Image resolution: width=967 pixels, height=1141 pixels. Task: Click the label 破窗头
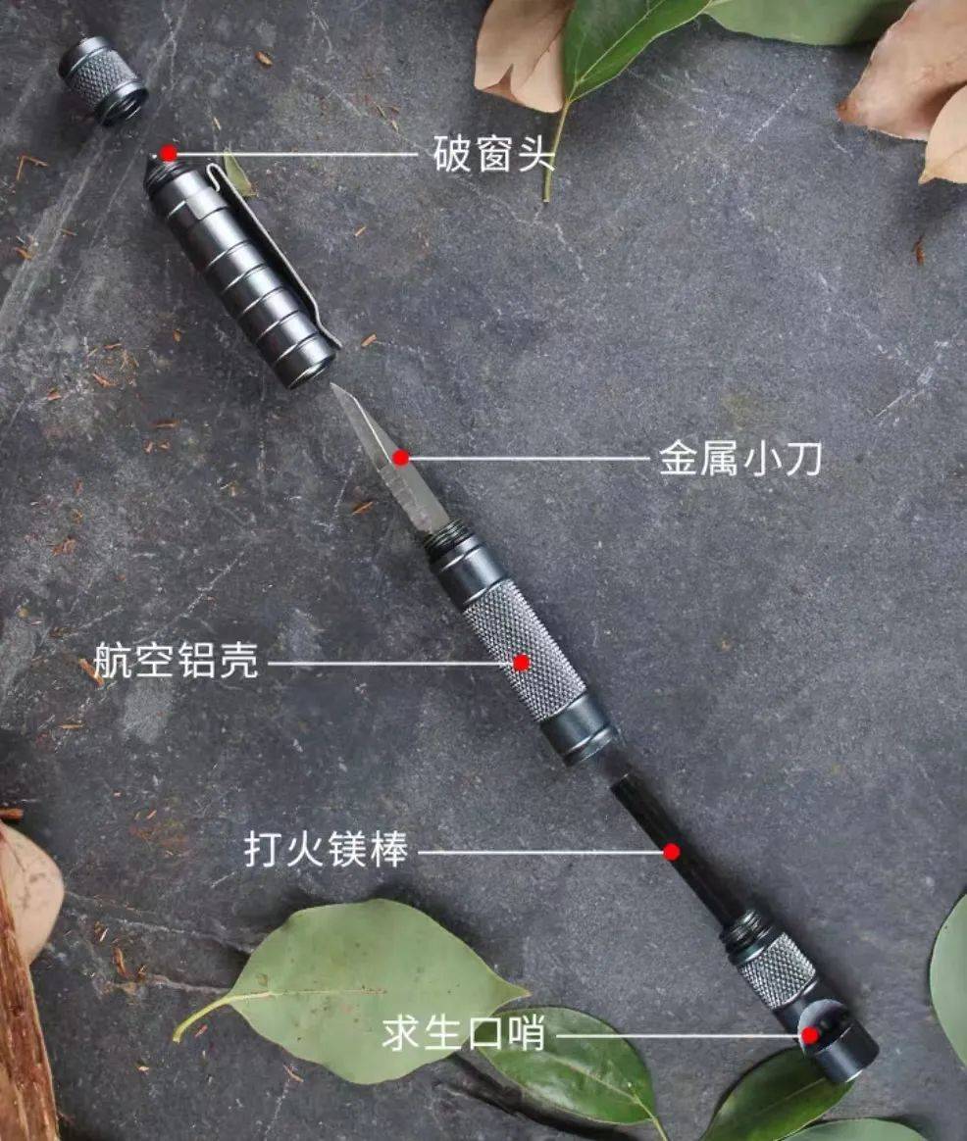pos(493,154)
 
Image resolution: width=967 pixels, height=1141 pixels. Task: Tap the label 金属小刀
pos(740,459)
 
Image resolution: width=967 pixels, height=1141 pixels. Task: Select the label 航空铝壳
pos(177,660)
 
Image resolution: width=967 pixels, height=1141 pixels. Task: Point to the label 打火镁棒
pos(327,849)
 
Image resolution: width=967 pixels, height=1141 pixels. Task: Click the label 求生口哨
pos(463,1033)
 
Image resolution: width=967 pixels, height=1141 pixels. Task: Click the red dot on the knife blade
pos(400,458)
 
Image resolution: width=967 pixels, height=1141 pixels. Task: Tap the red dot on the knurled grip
pos(522,663)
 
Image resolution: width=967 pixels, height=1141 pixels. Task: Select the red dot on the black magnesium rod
pos(672,852)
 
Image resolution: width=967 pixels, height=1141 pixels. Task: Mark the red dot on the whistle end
pos(810,1035)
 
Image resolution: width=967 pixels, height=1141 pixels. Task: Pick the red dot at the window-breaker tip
pos(169,153)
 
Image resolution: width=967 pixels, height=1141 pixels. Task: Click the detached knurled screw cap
pos(103,80)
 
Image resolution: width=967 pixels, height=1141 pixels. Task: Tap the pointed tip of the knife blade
pos(332,384)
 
